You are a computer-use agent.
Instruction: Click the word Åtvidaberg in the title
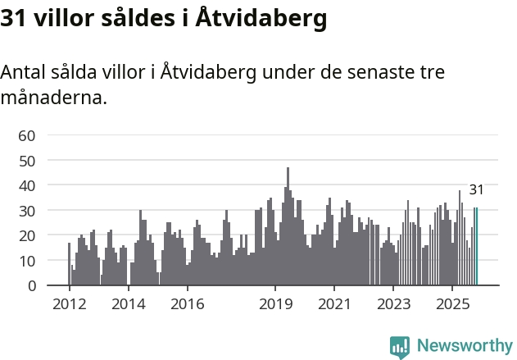(x=262, y=19)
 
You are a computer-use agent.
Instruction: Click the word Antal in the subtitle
(x=24, y=72)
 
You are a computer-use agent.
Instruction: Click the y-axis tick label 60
(x=27, y=135)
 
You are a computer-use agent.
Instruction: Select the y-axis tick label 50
(x=27, y=161)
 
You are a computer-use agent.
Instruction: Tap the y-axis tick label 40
(x=27, y=185)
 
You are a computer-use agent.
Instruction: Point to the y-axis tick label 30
(x=27, y=211)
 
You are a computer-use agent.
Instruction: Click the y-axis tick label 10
(x=27, y=261)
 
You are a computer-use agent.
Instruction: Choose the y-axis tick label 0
(x=32, y=286)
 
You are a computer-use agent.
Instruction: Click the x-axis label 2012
(x=70, y=303)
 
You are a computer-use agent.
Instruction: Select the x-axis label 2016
(x=188, y=303)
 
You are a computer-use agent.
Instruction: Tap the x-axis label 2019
(x=275, y=303)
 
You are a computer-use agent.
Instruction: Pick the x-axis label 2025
(x=452, y=303)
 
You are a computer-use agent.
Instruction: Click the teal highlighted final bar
(x=475, y=246)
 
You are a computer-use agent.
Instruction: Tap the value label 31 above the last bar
(x=476, y=190)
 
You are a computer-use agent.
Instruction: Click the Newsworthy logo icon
(x=400, y=346)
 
